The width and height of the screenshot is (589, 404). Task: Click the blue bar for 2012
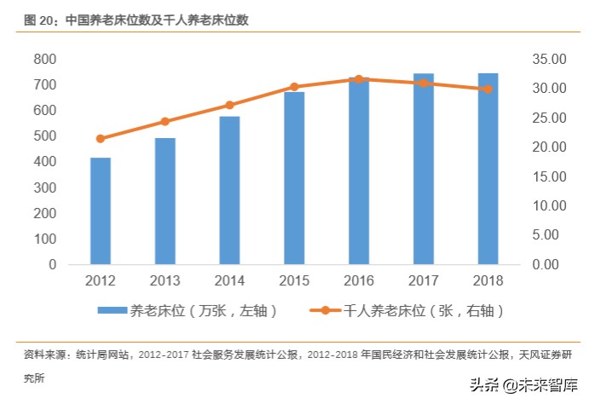pyautogui.click(x=101, y=211)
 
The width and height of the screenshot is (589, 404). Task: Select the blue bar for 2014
pyautogui.click(x=229, y=190)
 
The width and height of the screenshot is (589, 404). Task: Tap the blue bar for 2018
pyautogui.click(x=488, y=169)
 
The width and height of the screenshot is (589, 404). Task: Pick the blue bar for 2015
pyautogui.click(x=294, y=178)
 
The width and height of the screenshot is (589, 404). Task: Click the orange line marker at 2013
pyautogui.click(x=165, y=122)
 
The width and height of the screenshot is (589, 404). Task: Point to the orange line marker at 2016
pyautogui.click(x=359, y=79)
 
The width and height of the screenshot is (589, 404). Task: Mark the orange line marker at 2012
pyautogui.click(x=101, y=138)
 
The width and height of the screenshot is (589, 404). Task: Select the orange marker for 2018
pyautogui.click(x=488, y=89)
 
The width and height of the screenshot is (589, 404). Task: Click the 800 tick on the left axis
pyautogui.click(x=45, y=60)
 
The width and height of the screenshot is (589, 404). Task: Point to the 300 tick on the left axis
pyautogui.click(x=45, y=188)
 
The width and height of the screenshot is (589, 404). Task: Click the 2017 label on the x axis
pyautogui.click(x=423, y=280)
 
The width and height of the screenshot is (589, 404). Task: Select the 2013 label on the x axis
pyautogui.click(x=165, y=280)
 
